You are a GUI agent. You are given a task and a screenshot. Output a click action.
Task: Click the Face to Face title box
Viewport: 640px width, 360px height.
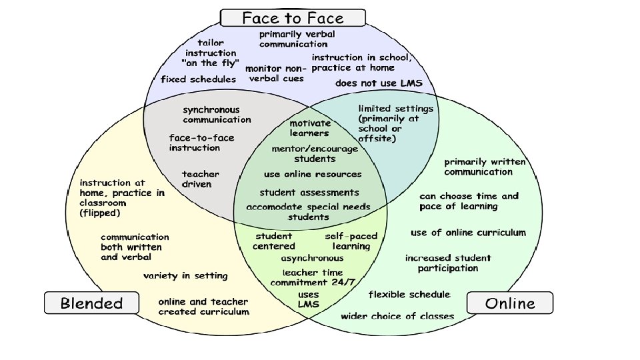click(x=293, y=17)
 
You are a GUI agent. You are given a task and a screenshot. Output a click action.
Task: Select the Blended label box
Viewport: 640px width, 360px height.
click(x=91, y=303)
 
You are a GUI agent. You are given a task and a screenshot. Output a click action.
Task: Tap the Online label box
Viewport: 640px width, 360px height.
click(x=510, y=303)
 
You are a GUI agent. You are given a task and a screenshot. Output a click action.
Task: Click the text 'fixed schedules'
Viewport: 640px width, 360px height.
click(x=198, y=79)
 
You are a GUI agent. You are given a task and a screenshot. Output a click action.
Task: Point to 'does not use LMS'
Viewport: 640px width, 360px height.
click(x=383, y=83)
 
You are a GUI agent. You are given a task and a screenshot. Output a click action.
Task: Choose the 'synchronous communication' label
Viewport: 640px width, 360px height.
click(x=217, y=115)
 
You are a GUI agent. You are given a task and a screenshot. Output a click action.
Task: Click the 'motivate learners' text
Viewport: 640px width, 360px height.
click(x=309, y=128)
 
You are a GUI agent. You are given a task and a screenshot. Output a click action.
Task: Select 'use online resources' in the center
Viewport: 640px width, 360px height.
click(x=313, y=175)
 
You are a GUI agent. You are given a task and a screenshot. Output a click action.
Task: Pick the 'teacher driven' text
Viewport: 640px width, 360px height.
click(x=200, y=179)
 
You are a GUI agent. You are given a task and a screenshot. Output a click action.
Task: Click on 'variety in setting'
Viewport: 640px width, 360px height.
click(x=185, y=276)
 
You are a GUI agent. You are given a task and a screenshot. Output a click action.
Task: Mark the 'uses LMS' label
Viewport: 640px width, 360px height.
click(x=308, y=299)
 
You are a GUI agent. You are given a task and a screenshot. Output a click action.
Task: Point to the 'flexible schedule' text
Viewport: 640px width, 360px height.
click(x=409, y=294)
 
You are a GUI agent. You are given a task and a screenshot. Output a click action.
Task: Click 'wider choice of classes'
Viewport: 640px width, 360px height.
click(x=397, y=316)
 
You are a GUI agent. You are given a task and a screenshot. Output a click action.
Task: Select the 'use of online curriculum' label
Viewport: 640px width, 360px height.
click(x=468, y=233)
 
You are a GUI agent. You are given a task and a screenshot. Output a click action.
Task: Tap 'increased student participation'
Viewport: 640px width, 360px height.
click(x=448, y=263)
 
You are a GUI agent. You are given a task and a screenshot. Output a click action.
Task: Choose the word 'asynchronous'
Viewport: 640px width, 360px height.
click(x=312, y=258)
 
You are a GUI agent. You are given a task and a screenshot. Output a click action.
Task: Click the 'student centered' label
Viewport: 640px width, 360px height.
click(x=273, y=241)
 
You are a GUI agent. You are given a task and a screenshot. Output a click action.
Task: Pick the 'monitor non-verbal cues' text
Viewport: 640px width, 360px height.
click(x=275, y=73)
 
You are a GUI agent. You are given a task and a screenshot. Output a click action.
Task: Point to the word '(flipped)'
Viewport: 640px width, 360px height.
click(x=100, y=214)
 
